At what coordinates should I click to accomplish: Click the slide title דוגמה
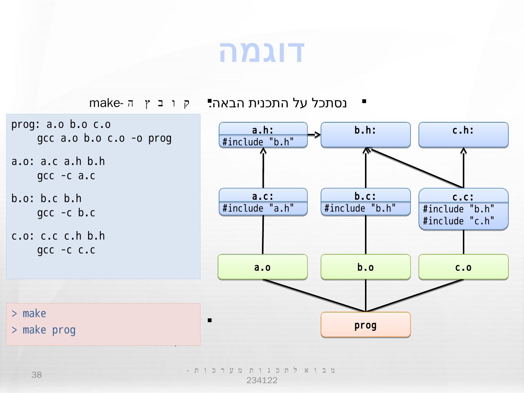262,51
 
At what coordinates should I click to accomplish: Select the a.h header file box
263,135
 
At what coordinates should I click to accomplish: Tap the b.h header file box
365,135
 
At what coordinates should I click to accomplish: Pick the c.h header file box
463,135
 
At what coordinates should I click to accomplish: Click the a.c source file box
263,202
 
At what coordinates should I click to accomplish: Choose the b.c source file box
365,202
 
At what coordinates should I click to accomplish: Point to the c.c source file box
463,209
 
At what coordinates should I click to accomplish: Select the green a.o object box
262,267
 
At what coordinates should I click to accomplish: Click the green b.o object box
365,267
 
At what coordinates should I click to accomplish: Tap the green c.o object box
463,267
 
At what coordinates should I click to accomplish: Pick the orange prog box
365,325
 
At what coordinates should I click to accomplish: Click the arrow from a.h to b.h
314,135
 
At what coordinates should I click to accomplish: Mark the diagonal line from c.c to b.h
415,168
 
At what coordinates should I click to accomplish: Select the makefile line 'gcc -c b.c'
66,213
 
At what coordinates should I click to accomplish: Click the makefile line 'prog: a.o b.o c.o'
61,124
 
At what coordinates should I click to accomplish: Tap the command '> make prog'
44,330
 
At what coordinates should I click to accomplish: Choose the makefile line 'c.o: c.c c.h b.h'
58,236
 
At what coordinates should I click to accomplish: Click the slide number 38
37,375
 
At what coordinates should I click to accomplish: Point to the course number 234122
262,381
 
